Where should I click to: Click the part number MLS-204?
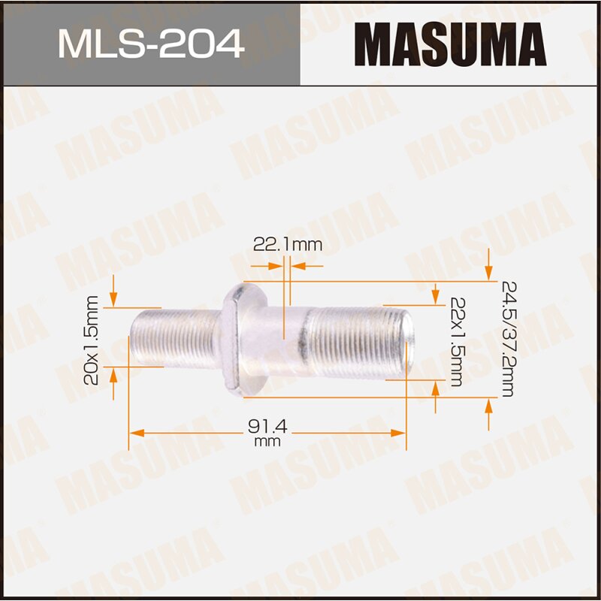coord(151,44)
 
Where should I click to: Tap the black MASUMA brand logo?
coord(450,44)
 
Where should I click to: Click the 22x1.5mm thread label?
coord(456,341)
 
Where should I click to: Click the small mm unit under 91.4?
coord(267,442)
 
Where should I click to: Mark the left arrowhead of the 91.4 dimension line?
coord(135,433)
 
